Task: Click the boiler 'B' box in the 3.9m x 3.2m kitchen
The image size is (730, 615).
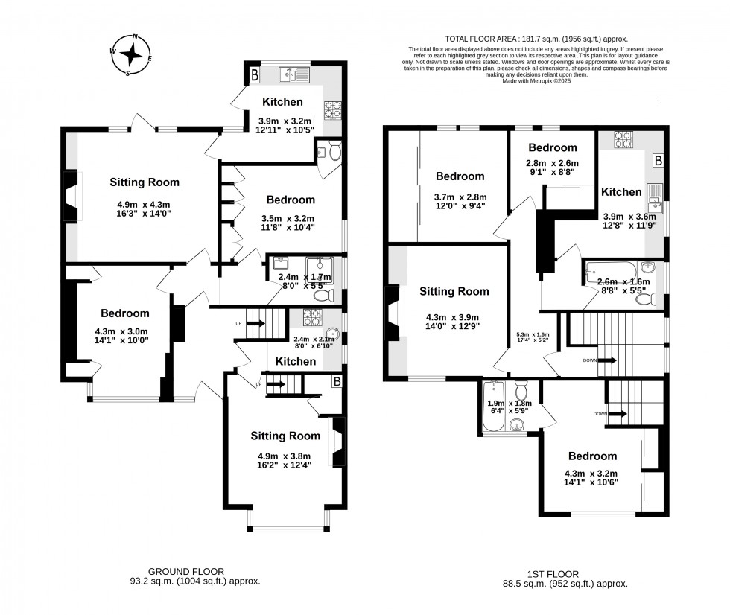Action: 255,74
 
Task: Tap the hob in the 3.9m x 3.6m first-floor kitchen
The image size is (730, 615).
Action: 622,138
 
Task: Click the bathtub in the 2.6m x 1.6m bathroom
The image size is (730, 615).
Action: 610,270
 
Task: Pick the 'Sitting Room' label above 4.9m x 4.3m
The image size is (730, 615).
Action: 145,182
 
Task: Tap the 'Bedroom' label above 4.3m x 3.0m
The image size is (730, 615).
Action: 124,313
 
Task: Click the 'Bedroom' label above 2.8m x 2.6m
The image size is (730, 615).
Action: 553,147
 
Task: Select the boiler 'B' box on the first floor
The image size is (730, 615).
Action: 658,160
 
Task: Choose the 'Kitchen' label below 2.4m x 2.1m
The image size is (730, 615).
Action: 296,361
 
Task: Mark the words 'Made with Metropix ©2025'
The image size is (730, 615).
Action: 536,80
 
